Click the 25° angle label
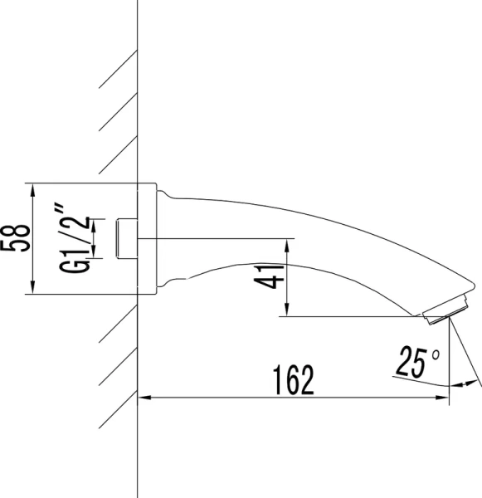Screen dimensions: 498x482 click(419, 363)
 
